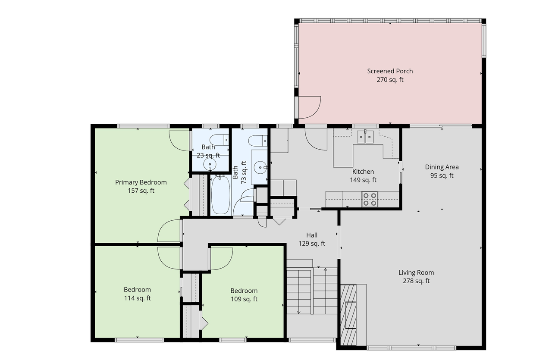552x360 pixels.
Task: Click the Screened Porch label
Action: tap(390, 71)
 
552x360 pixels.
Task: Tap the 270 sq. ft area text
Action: tap(390, 80)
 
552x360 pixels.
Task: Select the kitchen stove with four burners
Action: tap(370, 199)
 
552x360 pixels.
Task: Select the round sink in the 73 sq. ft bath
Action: tap(260, 167)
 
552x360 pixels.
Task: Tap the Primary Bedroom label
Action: tap(141, 182)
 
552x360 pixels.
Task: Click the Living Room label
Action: tap(416, 272)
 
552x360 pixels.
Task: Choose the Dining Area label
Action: tap(442, 167)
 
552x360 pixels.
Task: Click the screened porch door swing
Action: tap(309, 107)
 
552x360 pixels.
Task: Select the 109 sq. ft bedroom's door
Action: tap(220, 259)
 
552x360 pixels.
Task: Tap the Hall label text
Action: tap(312, 235)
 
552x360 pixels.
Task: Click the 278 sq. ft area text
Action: tap(416, 281)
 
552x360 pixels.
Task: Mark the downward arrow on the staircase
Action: tap(298, 311)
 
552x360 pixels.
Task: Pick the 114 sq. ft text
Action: tap(137, 298)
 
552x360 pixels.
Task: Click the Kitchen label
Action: tap(363, 172)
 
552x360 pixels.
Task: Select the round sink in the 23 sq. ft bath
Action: tap(210, 163)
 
